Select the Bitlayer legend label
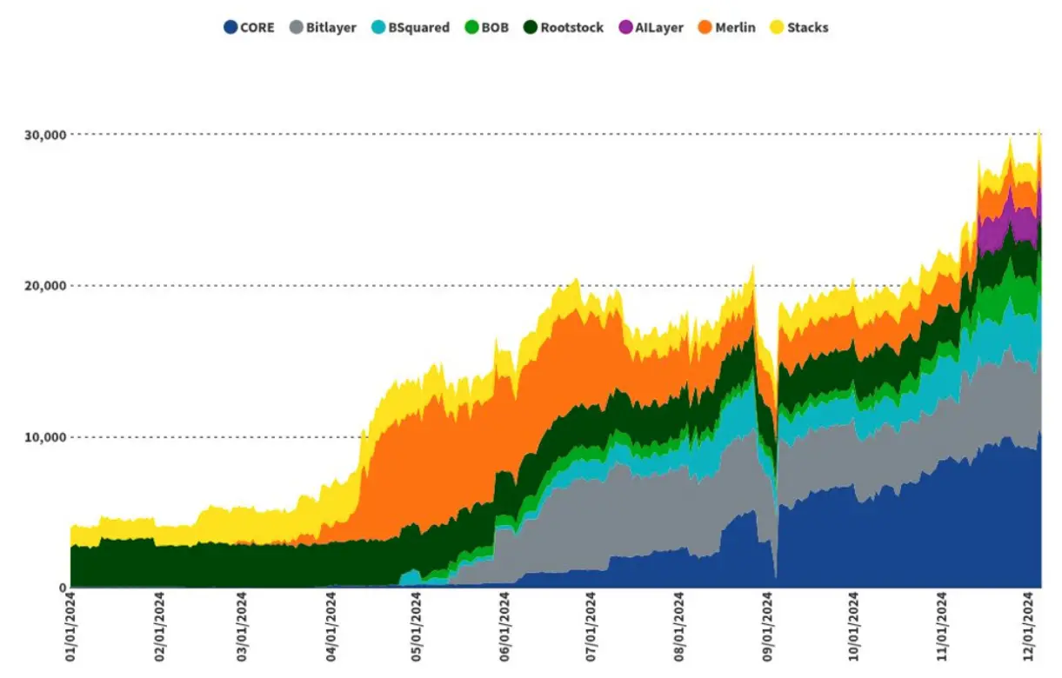(331, 28)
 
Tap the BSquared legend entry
(417, 28)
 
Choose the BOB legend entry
(494, 28)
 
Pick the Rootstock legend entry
(571, 28)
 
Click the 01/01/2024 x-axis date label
(71, 628)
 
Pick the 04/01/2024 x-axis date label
(331, 628)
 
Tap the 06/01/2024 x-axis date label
(505, 628)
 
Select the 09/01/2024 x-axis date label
(768, 628)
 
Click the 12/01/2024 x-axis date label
(1029, 628)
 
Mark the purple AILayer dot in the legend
(625, 28)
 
